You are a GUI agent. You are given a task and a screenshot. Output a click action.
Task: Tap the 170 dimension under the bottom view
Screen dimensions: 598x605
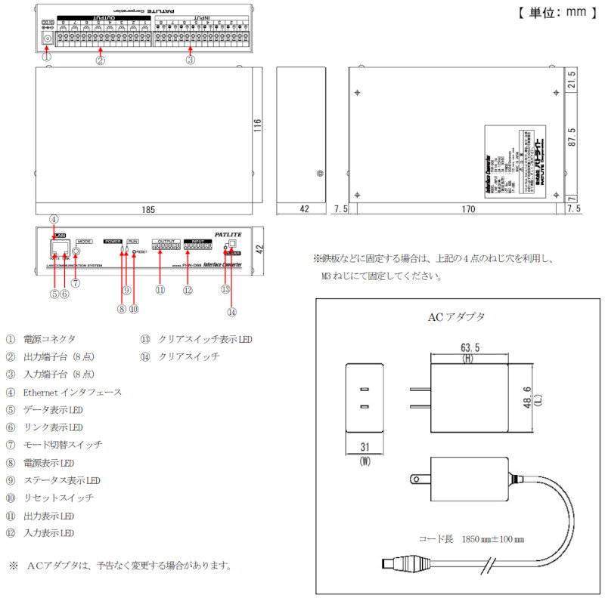pyautogui.click(x=452, y=208)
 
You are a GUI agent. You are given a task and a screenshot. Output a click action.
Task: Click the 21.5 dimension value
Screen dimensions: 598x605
pyautogui.click(x=572, y=79)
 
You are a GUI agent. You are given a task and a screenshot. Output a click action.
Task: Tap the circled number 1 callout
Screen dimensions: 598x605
pyautogui.click(x=47, y=57)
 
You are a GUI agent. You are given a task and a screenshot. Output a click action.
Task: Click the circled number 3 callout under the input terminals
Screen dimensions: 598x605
pyautogui.click(x=190, y=59)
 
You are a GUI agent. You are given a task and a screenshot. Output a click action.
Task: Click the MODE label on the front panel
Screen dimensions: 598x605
pyautogui.click(x=84, y=240)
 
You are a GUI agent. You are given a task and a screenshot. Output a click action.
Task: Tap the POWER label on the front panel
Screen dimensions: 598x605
pyautogui.click(x=113, y=240)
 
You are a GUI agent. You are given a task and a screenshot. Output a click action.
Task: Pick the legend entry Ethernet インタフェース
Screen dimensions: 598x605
pyautogui.click(x=73, y=392)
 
